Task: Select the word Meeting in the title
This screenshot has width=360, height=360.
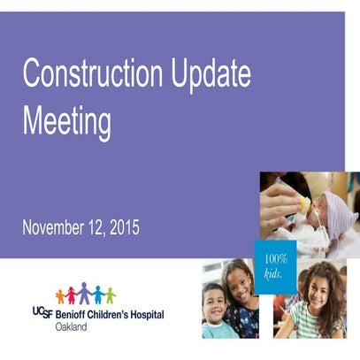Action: point(66,120)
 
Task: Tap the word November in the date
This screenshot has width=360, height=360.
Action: point(53,228)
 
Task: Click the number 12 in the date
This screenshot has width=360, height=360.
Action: point(95,228)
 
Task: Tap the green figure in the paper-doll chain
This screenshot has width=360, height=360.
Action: point(110,295)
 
